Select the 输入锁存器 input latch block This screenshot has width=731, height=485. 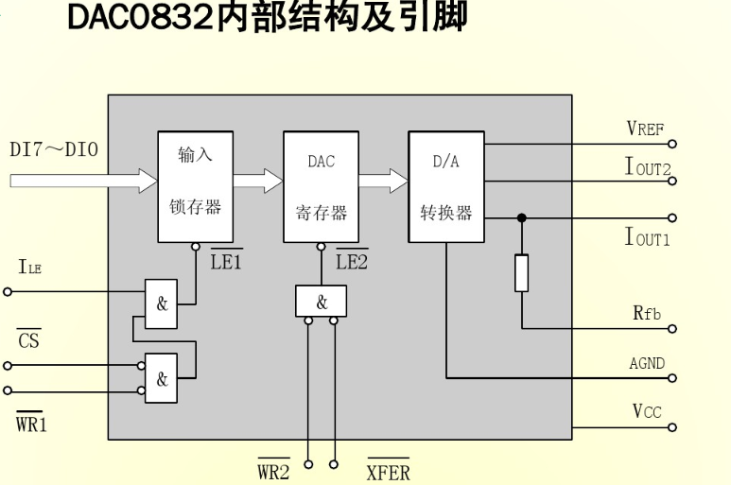(195, 186)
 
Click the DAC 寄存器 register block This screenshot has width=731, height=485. (321, 186)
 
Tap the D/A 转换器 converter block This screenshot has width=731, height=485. (445, 186)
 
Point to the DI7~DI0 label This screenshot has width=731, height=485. (53, 149)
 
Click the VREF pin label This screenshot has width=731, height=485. (645, 129)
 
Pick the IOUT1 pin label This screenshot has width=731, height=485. (647, 236)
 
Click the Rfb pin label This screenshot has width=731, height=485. (647, 313)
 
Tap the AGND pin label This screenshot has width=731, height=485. (647, 363)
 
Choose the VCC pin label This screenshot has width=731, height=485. (647, 411)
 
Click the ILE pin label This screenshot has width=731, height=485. (29, 268)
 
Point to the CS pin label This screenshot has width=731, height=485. (29, 339)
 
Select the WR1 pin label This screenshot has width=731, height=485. (31, 424)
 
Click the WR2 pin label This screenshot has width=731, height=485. (273, 472)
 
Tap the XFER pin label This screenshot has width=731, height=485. (388, 472)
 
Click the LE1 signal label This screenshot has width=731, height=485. (226, 262)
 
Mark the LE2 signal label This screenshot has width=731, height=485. (352, 262)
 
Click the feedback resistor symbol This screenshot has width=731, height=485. (521, 273)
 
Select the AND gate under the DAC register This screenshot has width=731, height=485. (321, 302)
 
